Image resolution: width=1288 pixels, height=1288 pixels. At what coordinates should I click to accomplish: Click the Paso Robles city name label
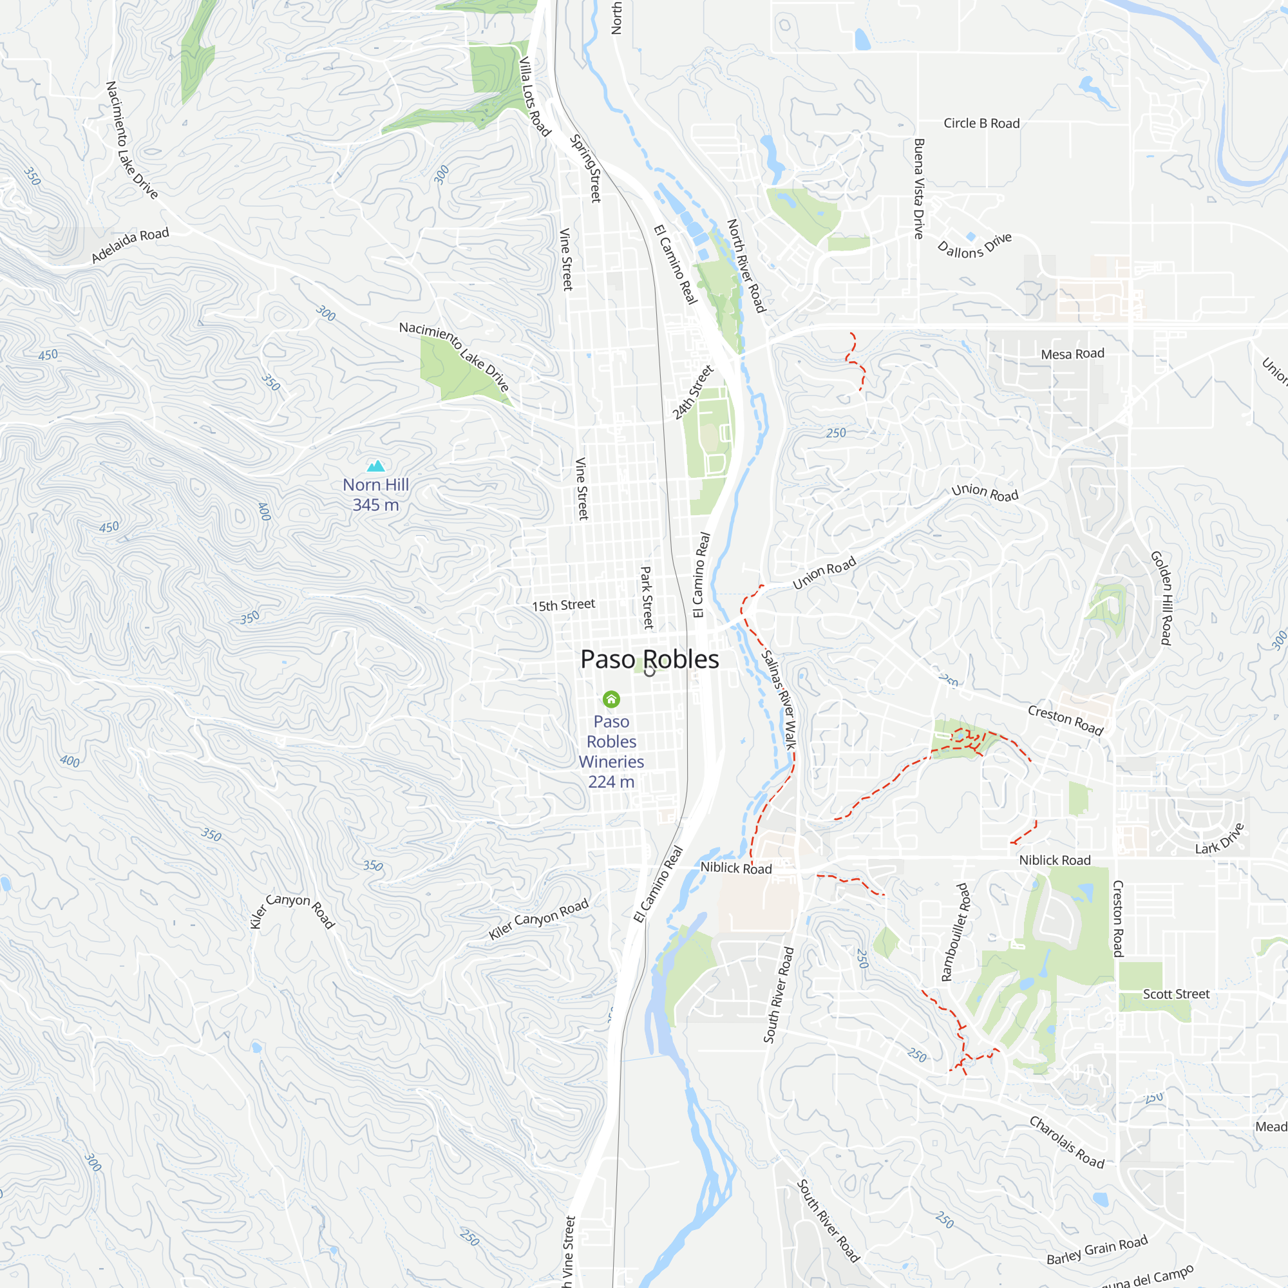point(649,659)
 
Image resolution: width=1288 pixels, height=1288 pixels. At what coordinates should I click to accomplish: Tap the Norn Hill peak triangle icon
point(376,466)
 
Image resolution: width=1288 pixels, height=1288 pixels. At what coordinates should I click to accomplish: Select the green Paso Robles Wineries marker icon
point(611,699)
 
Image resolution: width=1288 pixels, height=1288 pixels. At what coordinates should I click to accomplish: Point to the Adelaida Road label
point(130,245)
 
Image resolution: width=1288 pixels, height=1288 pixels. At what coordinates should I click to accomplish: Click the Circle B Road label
point(981,124)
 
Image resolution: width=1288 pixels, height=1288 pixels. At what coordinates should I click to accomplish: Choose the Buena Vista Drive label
point(919,189)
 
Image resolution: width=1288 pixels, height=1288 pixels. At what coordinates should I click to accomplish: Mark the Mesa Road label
point(1073,354)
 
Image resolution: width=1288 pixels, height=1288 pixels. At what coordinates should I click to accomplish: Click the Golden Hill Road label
point(1161,598)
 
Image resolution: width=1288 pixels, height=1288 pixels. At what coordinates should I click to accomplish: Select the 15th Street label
point(563,605)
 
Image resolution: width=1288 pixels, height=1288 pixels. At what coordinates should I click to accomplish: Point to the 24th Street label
point(693,392)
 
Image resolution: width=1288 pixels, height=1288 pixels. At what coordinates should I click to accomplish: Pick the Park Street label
point(647,598)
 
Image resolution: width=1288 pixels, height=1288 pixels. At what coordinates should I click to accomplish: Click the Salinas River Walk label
point(779,700)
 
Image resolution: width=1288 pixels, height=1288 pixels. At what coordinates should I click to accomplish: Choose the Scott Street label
point(1176,994)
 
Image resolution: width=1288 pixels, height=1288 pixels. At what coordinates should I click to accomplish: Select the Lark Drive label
point(1219,838)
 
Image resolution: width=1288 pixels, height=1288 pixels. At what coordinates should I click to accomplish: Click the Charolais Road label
point(1066,1142)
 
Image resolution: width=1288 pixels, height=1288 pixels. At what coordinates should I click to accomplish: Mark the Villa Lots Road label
point(535,97)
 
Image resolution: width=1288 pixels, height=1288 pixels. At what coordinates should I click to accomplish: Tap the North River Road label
point(746,266)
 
